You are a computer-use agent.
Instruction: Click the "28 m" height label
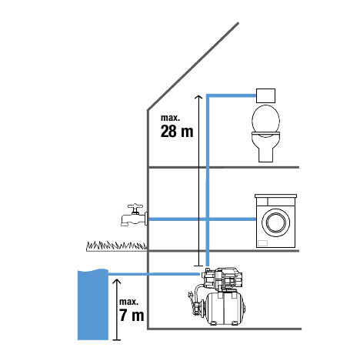coord(177,131)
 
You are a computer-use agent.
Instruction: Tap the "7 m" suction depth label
coord(132,315)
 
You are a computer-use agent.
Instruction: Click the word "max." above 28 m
coord(170,118)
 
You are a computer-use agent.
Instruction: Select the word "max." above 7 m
coord(128,302)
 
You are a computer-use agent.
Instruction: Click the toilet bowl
coord(265,133)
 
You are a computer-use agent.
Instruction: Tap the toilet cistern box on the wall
coord(266,95)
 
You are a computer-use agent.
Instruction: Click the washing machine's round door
coord(275,222)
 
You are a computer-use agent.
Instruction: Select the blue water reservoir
coord(93,305)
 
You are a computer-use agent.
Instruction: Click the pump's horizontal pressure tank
coord(225,309)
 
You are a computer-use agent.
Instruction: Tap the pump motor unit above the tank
coord(222,279)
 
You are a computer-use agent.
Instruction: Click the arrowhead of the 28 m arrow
coord(198,97)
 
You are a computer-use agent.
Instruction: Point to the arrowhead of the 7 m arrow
coord(117,281)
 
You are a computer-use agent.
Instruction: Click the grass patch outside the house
coord(117,246)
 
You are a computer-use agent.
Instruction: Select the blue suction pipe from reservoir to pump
coord(154,275)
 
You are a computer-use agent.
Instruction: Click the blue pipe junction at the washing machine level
coord(208,219)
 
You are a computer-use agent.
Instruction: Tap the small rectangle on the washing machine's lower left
coord(263,242)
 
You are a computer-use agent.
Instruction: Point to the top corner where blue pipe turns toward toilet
coord(208,95)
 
